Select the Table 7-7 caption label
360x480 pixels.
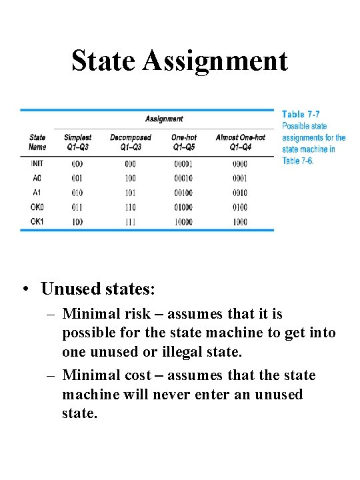pos(301,115)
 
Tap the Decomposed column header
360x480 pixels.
pos(131,137)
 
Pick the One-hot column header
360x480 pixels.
pos(183,137)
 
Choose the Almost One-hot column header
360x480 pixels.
pos(240,137)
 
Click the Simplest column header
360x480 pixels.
pos(77,137)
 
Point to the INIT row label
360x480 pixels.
pos(37,163)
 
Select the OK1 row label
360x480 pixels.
pos(37,221)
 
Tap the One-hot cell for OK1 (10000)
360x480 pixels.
pos(183,221)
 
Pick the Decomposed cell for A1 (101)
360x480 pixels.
pos(130,193)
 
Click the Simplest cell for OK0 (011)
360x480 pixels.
pos(77,207)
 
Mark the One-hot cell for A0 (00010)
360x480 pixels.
pos(183,178)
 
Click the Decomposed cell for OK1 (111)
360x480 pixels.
pos(130,221)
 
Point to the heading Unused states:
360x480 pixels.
pos(97,289)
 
